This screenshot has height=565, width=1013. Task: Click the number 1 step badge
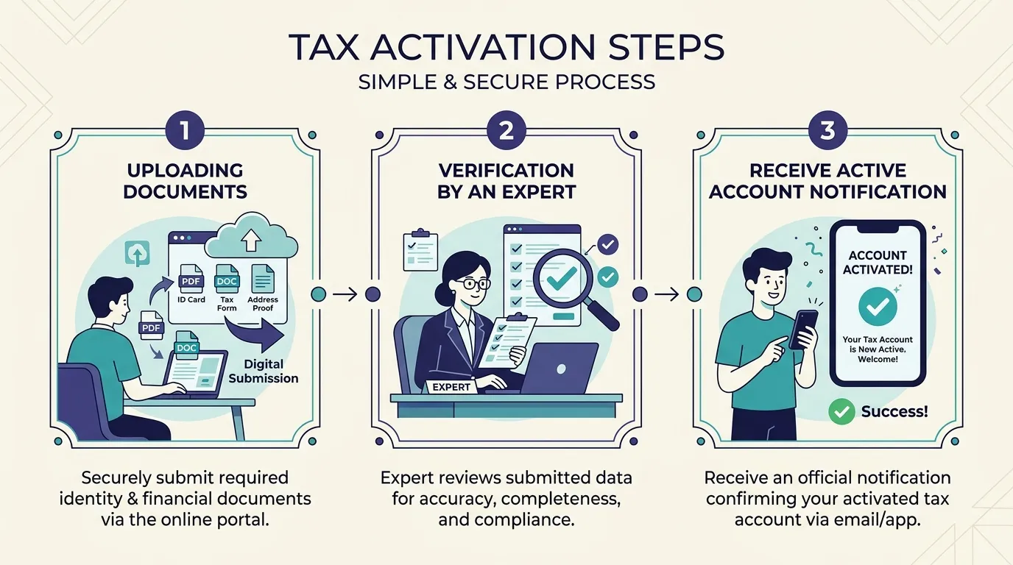pyautogui.click(x=185, y=130)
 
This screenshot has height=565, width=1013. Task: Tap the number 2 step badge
pyautogui.click(x=506, y=130)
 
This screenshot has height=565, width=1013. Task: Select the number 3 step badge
pyautogui.click(x=827, y=130)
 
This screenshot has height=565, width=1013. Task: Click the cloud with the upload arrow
pyautogui.click(x=252, y=236)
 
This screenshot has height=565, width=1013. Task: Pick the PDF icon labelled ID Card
pyautogui.click(x=191, y=278)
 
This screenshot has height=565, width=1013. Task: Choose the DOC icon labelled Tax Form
pyautogui.click(x=227, y=278)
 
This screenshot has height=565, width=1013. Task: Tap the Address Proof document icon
pyautogui.click(x=263, y=278)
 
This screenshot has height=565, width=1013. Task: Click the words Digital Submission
pyautogui.click(x=264, y=371)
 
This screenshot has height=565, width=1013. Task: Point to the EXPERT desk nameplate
pyautogui.click(x=451, y=387)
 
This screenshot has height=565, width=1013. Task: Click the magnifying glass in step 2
pyautogui.click(x=571, y=285)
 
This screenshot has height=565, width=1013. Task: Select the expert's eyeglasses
pyautogui.click(x=470, y=284)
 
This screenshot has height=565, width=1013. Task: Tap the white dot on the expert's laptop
pyautogui.click(x=561, y=369)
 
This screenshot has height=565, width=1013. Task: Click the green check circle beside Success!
pyautogui.click(x=841, y=411)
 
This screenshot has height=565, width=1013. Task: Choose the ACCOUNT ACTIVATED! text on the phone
pyautogui.click(x=878, y=263)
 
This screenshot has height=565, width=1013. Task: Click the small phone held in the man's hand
pyautogui.click(x=803, y=330)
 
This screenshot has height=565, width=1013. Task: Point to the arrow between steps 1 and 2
pyautogui.click(x=345, y=295)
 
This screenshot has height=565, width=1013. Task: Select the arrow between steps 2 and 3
pyautogui.click(x=666, y=295)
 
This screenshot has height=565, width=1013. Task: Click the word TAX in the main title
pyautogui.click(x=324, y=47)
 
